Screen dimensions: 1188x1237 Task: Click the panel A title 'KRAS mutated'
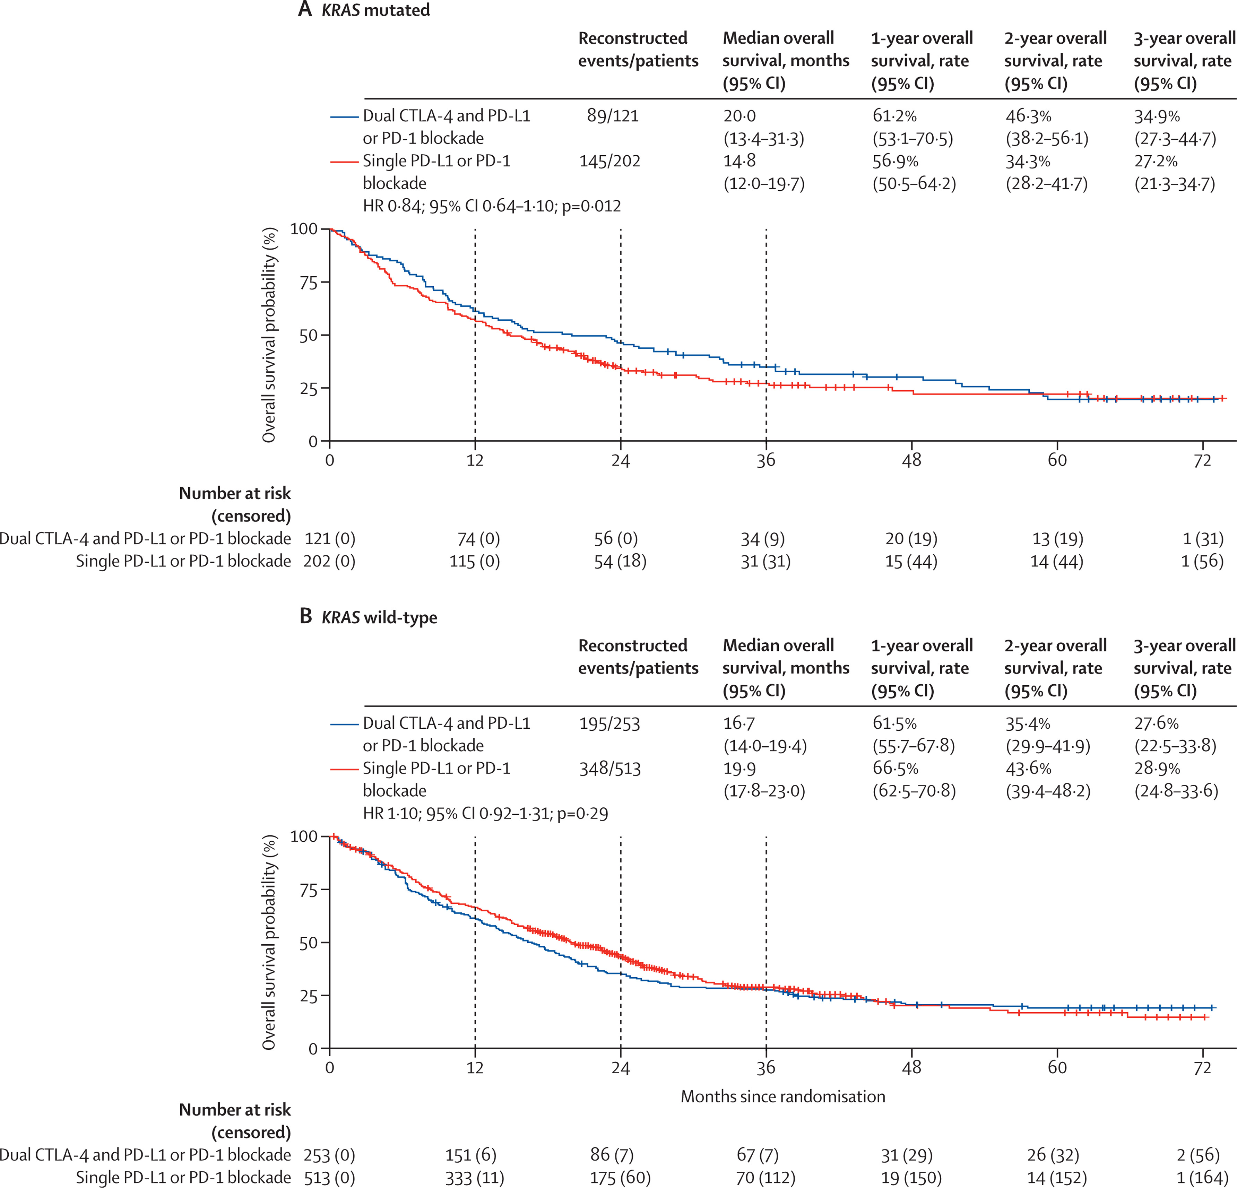point(375,10)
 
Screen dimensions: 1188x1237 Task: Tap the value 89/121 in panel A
point(612,116)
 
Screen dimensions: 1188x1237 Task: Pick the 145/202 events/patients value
point(610,162)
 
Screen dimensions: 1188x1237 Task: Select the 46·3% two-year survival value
point(1028,116)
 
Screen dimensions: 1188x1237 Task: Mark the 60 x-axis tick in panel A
point(1057,461)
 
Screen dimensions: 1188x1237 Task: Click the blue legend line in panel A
point(345,116)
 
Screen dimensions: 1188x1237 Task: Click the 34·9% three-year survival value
point(1157,116)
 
